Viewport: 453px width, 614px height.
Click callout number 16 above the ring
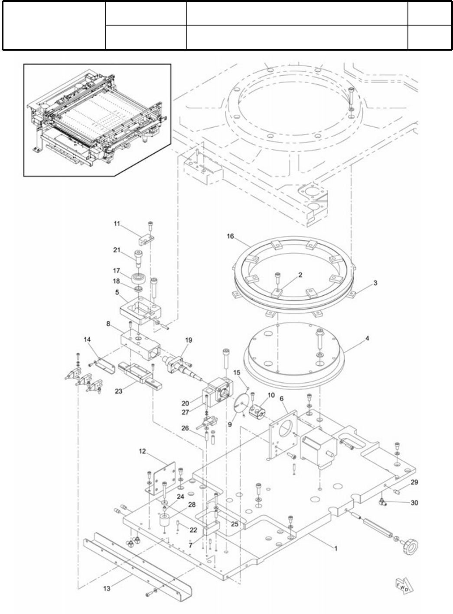pyautogui.click(x=230, y=236)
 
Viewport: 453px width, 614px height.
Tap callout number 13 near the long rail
pyautogui.click(x=107, y=588)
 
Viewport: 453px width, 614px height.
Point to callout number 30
pyautogui.click(x=414, y=503)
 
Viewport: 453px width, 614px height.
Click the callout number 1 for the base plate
pyautogui.click(x=335, y=548)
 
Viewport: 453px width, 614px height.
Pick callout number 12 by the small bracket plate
pyautogui.click(x=143, y=451)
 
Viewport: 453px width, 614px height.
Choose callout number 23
pyautogui.click(x=119, y=391)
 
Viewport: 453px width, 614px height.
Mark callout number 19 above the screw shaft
pyautogui.click(x=188, y=340)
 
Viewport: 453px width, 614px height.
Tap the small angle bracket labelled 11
pyautogui.click(x=146, y=239)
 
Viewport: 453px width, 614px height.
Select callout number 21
pyautogui.click(x=117, y=250)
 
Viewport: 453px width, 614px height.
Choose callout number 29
pyautogui.click(x=414, y=482)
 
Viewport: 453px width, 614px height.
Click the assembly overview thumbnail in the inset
pyautogui.click(x=97, y=120)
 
